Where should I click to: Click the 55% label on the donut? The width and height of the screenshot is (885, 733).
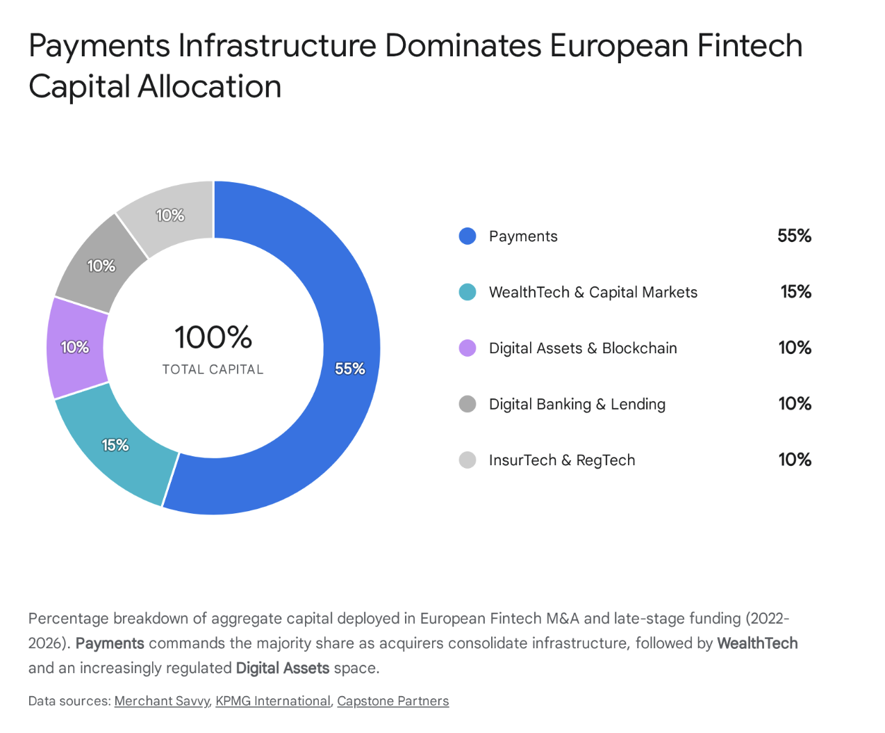(349, 369)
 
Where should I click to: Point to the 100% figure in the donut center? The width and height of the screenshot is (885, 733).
(213, 337)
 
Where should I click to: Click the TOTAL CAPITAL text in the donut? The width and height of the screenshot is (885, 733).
(213, 369)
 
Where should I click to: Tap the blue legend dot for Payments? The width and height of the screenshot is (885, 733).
(468, 236)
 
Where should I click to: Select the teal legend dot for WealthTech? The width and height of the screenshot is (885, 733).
(468, 292)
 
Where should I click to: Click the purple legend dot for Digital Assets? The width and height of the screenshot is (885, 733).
(468, 348)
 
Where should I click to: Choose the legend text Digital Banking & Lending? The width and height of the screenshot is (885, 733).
(577, 404)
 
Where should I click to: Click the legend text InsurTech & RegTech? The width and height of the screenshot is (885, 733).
(561, 460)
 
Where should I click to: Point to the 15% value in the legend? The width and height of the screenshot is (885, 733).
(795, 292)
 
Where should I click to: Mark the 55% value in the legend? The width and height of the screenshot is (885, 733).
(794, 236)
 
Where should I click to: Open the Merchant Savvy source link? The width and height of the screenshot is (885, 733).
(162, 701)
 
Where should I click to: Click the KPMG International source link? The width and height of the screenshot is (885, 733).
(273, 701)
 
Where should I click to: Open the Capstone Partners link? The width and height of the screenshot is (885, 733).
(392, 701)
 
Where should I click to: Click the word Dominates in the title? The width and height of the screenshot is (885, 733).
(463, 46)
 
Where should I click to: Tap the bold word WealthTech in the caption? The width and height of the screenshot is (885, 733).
(757, 643)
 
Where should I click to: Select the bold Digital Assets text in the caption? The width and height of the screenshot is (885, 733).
(283, 668)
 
